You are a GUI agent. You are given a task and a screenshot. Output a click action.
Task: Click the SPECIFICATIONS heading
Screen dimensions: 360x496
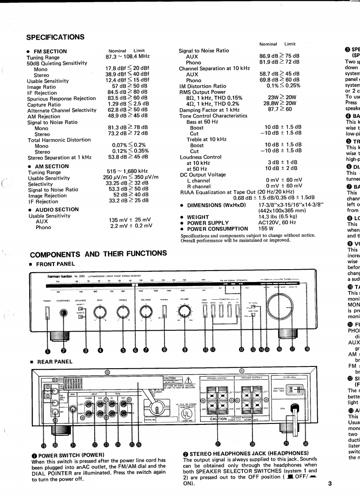(x=55, y=37)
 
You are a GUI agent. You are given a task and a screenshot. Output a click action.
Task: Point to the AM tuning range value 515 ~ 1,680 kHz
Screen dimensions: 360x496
(x=127, y=171)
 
